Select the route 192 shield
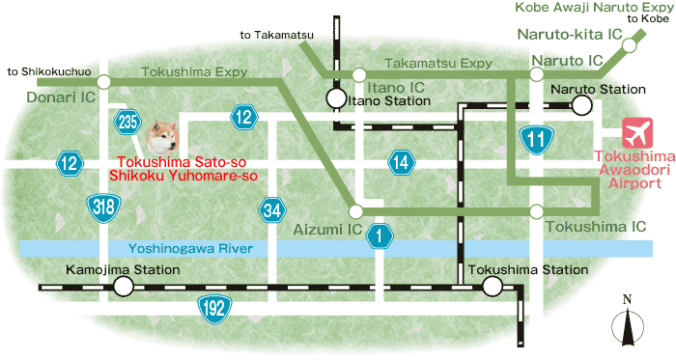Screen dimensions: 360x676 pyautogui.click(x=213, y=307)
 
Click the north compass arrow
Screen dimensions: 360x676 pyautogui.click(x=628, y=325)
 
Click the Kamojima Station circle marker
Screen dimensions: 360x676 pyautogui.click(x=123, y=287)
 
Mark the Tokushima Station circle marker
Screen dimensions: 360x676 pyautogui.click(x=493, y=287)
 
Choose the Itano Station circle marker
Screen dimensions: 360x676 pyautogui.click(x=334, y=98)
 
